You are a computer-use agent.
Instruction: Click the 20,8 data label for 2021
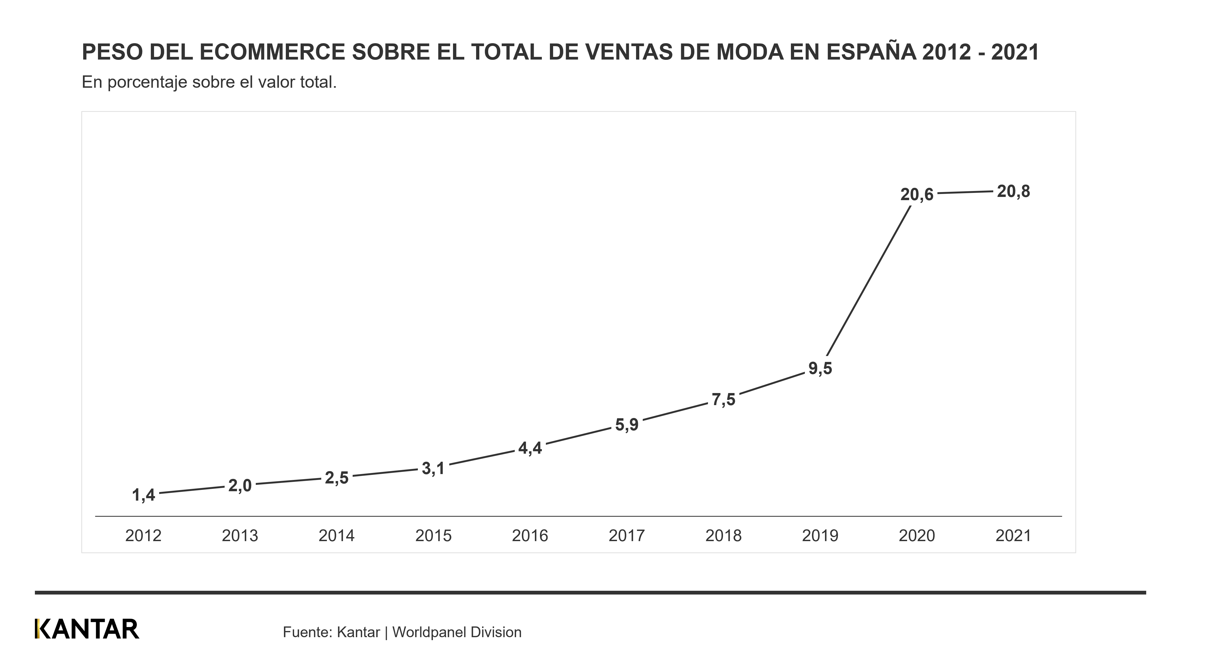pos(1013,192)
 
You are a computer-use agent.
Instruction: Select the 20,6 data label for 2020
pos(917,195)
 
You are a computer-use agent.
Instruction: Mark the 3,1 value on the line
pos(433,469)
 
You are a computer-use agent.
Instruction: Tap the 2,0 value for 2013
pos(240,486)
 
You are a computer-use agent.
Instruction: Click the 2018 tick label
pos(723,536)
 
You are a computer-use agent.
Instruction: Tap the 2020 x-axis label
pos(917,536)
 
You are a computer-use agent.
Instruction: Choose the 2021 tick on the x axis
pos(1013,536)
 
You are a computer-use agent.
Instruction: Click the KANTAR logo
pos(87,629)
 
